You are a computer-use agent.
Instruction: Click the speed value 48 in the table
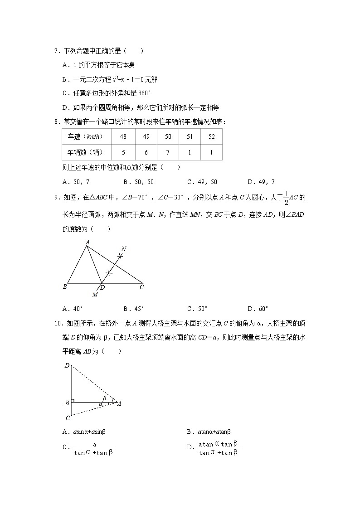click(123, 137)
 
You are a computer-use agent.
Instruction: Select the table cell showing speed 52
click(211, 137)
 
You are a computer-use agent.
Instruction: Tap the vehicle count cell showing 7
click(168, 152)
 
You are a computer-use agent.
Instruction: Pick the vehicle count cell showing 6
click(146, 152)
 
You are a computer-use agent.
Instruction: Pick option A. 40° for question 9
click(73, 309)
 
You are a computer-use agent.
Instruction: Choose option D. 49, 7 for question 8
click(261, 182)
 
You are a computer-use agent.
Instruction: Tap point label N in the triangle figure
click(124, 249)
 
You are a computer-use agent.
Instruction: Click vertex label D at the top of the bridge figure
click(67, 365)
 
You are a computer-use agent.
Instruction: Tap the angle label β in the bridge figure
click(104, 398)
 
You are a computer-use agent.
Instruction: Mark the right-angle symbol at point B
click(73, 401)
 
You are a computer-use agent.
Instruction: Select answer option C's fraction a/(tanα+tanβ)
click(94, 448)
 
